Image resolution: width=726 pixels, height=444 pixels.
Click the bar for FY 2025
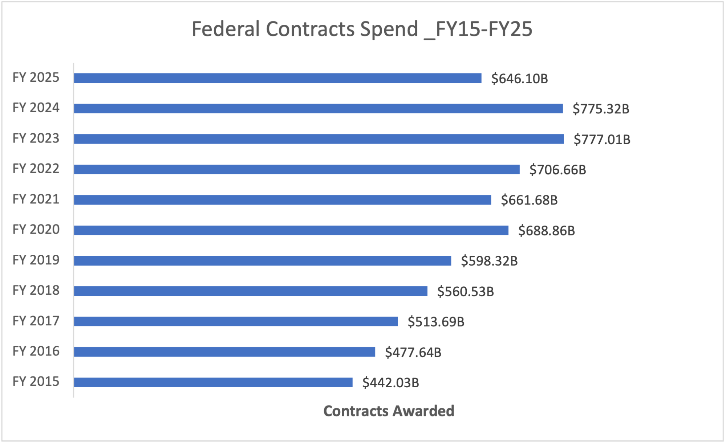point(277,78)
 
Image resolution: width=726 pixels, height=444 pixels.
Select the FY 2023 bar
point(319,139)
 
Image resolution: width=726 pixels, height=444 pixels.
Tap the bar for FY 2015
point(213,382)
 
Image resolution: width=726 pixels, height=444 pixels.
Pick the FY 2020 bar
point(291,230)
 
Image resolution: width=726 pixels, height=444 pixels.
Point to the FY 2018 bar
point(251,291)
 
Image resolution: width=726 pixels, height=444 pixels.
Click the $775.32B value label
point(601,109)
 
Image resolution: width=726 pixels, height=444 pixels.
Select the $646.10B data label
point(519,78)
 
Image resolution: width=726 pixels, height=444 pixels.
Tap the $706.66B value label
point(557,170)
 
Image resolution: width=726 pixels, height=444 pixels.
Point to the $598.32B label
point(489,261)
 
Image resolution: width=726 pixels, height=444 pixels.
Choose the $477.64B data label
point(413,352)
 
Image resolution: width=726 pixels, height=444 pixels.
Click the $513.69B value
point(436,322)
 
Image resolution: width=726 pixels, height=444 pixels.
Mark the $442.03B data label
point(390,383)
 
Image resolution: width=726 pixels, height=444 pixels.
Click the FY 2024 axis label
point(36,108)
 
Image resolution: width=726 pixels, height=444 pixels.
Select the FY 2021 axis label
point(36,199)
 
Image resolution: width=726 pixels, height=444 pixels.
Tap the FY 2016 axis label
point(36,351)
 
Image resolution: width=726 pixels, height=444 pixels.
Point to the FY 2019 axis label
point(36,260)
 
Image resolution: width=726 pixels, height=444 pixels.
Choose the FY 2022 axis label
point(36,169)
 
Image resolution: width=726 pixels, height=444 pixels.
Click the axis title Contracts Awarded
point(389,411)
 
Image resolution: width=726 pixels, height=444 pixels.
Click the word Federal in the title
point(226,29)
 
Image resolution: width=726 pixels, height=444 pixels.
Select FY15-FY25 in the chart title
point(483,29)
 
